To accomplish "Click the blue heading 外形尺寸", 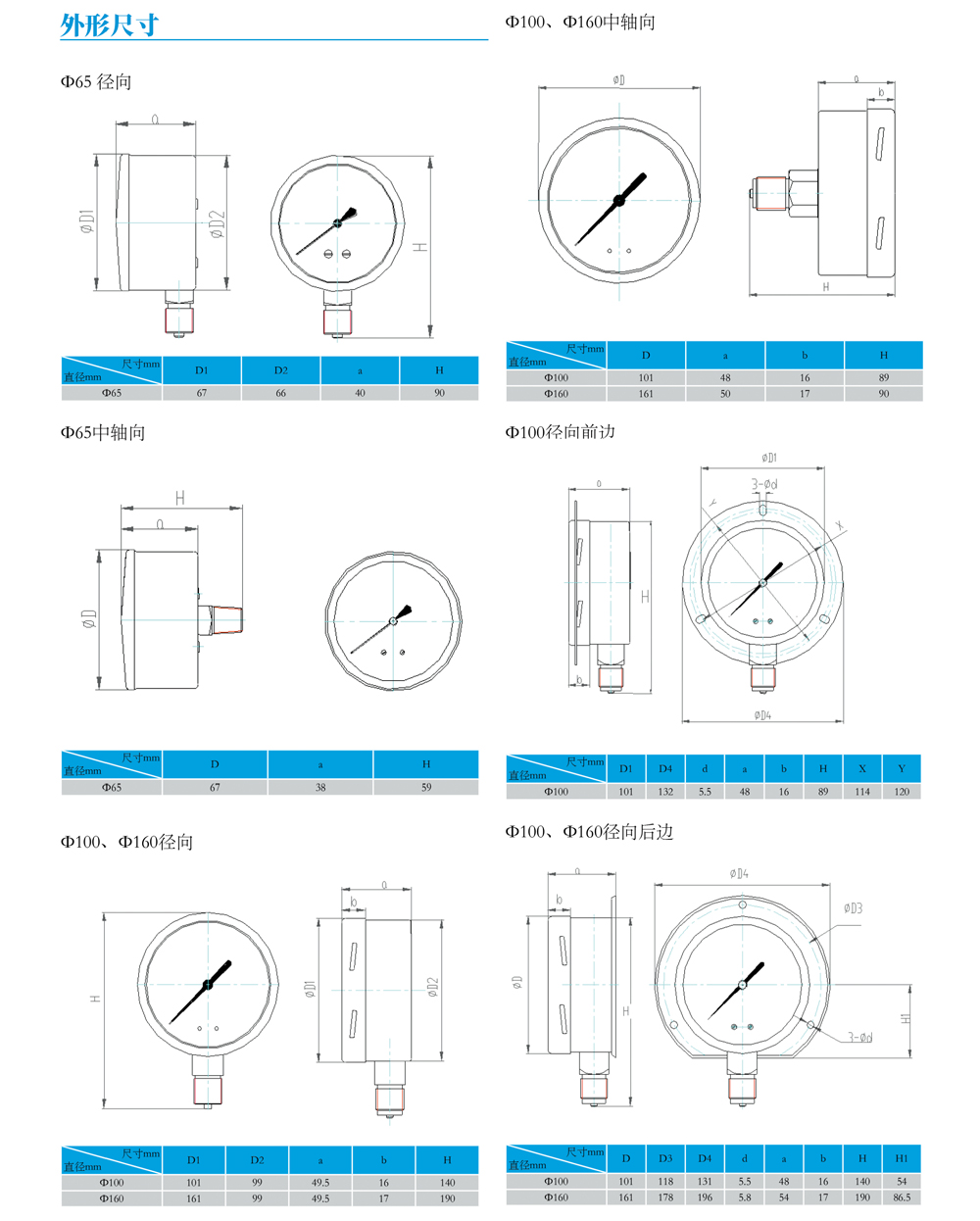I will click(x=110, y=25).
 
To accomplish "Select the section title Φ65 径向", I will click(x=96, y=82).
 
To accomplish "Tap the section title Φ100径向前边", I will click(x=560, y=432).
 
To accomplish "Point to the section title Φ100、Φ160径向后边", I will click(x=589, y=832).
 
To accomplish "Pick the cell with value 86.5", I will click(x=902, y=1197).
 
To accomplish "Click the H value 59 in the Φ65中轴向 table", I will click(x=426, y=787).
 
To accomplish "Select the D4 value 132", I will click(x=665, y=791).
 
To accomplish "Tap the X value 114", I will click(x=862, y=791).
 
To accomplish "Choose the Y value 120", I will click(x=902, y=791).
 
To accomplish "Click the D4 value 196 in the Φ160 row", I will click(x=705, y=1197).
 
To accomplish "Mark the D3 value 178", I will click(x=665, y=1197).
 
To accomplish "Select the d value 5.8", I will click(x=744, y=1197).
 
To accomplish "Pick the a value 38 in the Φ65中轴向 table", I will click(x=320, y=787).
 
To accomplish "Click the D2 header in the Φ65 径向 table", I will click(x=281, y=370).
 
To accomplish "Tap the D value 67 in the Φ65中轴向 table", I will click(x=215, y=787).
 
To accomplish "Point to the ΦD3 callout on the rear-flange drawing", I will click(x=853, y=908).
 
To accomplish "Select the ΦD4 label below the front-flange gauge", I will click(x=762, y=715).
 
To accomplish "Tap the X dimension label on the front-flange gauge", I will click(x=840, y=526).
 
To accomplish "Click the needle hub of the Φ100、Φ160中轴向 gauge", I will click(x=618, y=201).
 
